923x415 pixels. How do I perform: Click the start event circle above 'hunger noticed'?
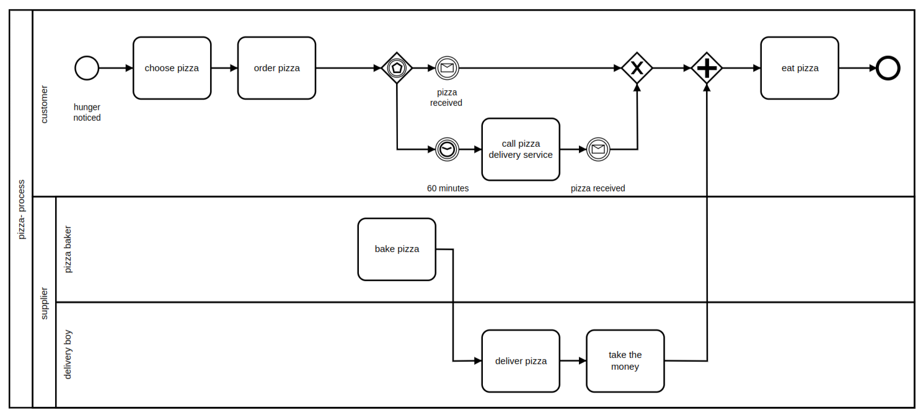[x=87, y=68]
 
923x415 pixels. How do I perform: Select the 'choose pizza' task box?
[x=172, y=68]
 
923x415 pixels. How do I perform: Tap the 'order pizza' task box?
[x=276, y=68]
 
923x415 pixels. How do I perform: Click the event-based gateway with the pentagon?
[x=397, y=68]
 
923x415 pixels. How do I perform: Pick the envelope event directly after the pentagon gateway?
[x=446, y=68]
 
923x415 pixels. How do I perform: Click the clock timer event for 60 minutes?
[x=446, y=149]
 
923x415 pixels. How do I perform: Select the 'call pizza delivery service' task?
[x=521, y=149]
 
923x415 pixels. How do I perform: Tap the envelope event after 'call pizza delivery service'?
[x=598, y=149]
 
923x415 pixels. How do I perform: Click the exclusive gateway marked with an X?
[x=637, y=68]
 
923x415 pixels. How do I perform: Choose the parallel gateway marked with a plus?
[x=707, y=68]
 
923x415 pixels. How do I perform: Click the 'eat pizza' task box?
[x=800, y=68]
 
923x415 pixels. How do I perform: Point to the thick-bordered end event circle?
[x=888, y=68]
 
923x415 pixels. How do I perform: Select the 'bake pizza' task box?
[x=397, y=249]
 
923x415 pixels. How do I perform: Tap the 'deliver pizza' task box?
[x=521, y=360]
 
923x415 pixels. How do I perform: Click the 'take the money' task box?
[x=625, y=360]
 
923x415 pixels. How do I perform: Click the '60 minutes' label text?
[x=448, y=188]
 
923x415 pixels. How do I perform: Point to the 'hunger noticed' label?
[x=87, y=113]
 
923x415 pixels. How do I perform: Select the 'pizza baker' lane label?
[x=68, y=250]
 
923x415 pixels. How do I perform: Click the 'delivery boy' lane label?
[x=68, y=354]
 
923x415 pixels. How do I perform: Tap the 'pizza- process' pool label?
[x=21, y=209]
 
